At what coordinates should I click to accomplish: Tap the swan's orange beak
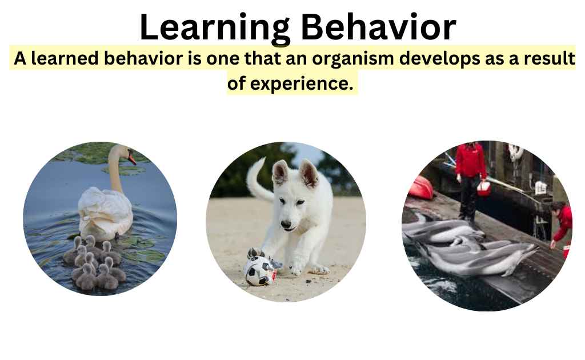coord(132,158)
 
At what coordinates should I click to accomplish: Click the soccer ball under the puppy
coord(259,271)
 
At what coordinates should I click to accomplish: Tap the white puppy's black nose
coord(285,225)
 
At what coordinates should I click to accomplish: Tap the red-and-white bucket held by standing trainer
coord(484,189)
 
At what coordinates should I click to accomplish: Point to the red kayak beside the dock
coord(421,189)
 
